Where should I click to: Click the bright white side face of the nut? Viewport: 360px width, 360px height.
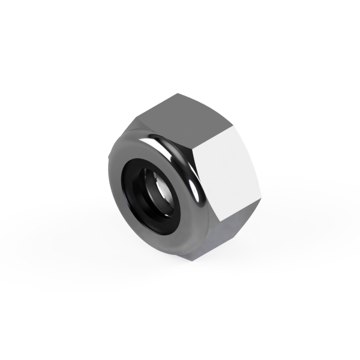tap(231, 174)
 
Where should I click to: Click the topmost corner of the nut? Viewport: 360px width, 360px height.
tap(179, 93)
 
